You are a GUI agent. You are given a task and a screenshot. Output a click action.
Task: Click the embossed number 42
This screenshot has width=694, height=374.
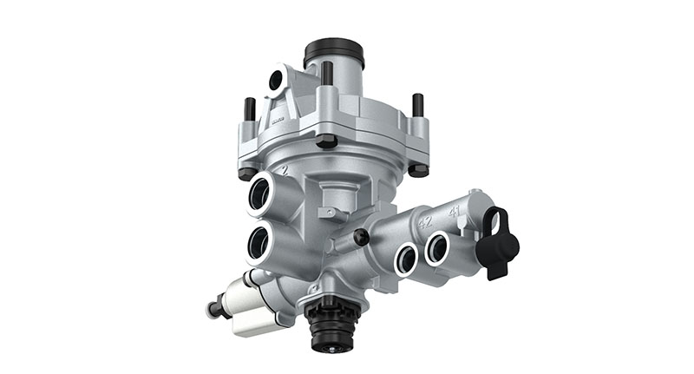tap(426, 222)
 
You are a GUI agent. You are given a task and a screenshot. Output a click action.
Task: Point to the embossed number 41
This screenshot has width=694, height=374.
tap(454, 211)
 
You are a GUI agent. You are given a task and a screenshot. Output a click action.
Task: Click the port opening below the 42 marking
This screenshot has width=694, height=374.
tap(406, 258)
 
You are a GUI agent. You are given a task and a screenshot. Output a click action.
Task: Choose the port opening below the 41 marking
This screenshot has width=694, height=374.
tap(437, 249)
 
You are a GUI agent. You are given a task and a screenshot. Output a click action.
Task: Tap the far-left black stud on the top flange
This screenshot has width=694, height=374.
tap(250, 109)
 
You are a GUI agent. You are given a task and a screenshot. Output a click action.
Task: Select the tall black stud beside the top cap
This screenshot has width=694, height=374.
tap(326, 74)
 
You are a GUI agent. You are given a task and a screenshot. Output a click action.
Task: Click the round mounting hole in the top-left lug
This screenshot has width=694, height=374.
tap(276, 81)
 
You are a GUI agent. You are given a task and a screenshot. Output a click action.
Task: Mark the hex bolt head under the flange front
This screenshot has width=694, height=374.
tap(326, 141)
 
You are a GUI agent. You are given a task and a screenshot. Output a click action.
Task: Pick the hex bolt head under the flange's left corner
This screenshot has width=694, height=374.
tap(248, 174)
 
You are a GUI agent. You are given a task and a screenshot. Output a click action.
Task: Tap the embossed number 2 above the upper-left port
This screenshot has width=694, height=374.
tap(282, 173)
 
